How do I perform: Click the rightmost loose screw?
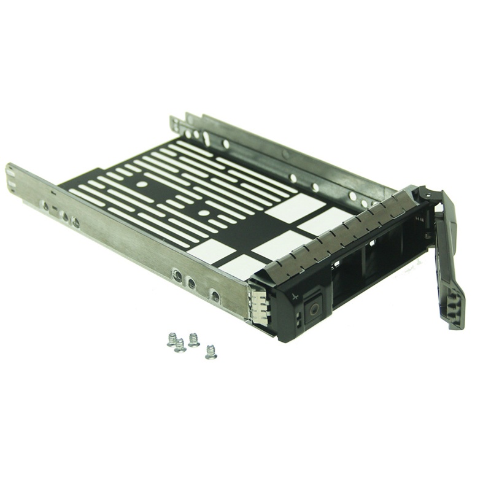click(x=211, y=351)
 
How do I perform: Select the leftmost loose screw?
click(x=172, y=339)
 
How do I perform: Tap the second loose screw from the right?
click(x=193, y=339)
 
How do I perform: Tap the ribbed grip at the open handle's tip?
click(x=455, y=307)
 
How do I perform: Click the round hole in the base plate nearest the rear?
click(x=141, y=184)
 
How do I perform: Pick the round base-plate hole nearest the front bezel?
click(x=203, y=213)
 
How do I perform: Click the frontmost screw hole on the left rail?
click(x=214, y=296)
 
